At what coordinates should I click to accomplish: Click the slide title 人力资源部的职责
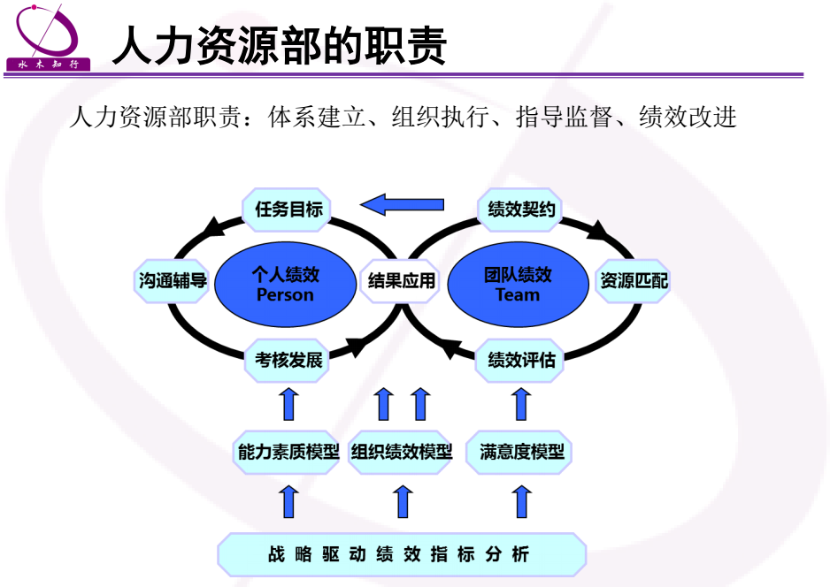[x=279, y=46]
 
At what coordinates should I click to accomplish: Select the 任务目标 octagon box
[x=288, y=210]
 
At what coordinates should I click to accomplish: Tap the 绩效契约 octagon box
[x=521, y=210]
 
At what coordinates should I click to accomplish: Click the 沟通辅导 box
[x=173, y=282]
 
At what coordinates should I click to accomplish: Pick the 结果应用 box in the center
[x=402, y=282]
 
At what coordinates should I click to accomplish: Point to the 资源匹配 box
[x=634, y=282]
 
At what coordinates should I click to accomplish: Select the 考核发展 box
[x=288, y=361]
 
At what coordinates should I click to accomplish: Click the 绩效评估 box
[x=521, y=361]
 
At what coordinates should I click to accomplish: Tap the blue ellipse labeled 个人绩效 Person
[x=285, y=284]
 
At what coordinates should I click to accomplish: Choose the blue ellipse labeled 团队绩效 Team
[x=518, y=284]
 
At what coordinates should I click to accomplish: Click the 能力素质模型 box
[x=288, y=452]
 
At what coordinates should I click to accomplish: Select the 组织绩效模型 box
[x=402, y=452]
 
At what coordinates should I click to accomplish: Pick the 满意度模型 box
[x=521, y=452]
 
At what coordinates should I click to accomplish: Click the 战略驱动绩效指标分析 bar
[x=402, y=555]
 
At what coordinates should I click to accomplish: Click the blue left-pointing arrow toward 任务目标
[x=403, y=205]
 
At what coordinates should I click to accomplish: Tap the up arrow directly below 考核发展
[x=288, y=404]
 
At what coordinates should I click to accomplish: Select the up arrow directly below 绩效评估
[x=521, y=404]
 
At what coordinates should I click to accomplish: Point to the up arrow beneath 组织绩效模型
[x=403, y=501]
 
